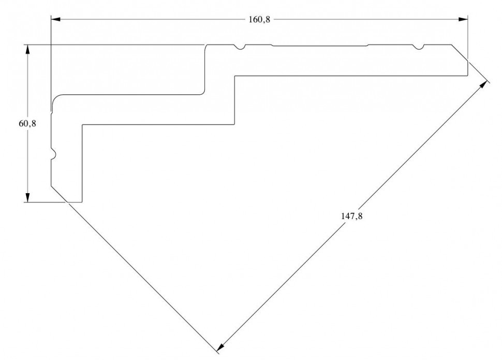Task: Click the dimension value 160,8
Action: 259,20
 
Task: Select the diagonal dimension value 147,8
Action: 352,216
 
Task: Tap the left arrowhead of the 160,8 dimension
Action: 56,20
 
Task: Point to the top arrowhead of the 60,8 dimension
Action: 27,49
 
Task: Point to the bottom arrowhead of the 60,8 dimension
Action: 27,197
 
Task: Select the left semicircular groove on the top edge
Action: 239,48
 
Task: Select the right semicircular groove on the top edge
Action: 418,48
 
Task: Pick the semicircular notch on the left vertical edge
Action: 53,154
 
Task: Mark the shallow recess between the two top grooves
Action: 320,46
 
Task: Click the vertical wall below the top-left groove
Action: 205,70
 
